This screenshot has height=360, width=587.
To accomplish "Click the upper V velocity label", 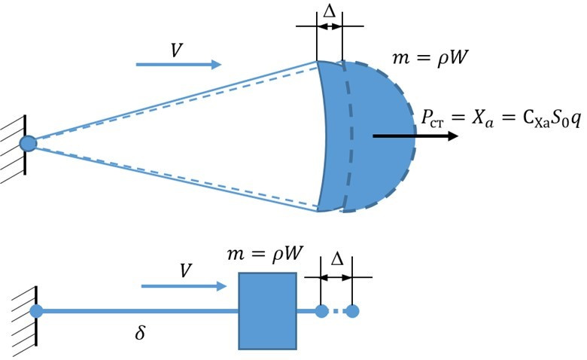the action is point(177,50).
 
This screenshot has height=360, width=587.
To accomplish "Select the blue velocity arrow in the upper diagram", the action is point(178,65).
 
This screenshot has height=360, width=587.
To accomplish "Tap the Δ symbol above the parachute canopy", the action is point(329,11).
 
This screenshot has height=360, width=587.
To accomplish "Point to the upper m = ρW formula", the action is point(430,58).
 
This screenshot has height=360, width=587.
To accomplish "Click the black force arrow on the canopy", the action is point(415,136).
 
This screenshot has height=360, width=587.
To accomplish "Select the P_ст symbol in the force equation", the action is point(433,119).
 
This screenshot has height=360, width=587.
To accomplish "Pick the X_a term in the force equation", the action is point(482,119).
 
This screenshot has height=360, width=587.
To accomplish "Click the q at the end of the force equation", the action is point(576,121).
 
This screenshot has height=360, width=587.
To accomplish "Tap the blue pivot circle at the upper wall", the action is point(28,144).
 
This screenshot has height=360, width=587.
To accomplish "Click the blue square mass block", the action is point(268,311).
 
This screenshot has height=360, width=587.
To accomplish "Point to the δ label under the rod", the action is point(140,331).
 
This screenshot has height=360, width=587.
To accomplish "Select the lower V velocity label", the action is point(186,270).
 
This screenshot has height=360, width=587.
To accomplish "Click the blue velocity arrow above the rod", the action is point(184,287).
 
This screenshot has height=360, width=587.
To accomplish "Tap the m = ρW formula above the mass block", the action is point(265,255).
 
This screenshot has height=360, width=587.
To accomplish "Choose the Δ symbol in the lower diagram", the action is point(337,258).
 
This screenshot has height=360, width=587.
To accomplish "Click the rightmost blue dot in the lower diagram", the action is point(352,311).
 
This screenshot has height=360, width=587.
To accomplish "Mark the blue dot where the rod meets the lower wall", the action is point(36,311).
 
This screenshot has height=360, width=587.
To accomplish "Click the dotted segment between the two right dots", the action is point(337,311).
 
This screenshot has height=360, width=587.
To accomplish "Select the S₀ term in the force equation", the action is point(559,120).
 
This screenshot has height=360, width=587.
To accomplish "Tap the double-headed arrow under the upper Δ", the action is point(329,26).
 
